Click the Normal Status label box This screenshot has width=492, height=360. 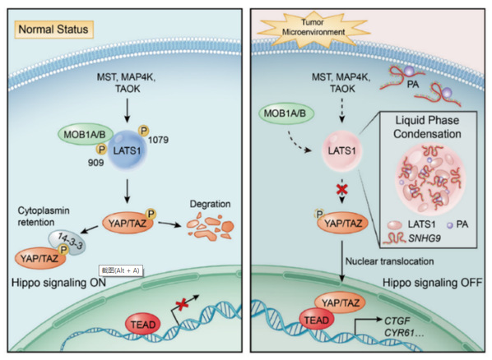click(53, 30)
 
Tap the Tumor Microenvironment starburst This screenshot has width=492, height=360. click(313, 28)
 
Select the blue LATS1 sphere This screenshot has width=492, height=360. click(127, 150)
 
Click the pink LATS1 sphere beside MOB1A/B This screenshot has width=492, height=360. click(342, 151)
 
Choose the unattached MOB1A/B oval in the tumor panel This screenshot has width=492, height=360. click(285, 113)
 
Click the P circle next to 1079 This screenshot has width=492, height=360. click(144, 131)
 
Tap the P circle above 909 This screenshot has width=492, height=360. click(101, 150)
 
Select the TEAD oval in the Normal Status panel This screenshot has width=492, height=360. click(143, 324)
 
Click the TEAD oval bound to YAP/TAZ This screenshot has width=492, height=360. click(316, 320)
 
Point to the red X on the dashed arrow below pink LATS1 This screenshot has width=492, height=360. click(342, 189)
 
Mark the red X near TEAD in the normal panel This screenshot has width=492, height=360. click(182, 304)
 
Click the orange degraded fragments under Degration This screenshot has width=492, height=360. click(211, 226)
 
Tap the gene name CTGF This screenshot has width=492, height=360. click(397, 321)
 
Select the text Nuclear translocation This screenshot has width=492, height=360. click(389, 261)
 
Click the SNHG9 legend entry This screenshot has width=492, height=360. click(412, 238)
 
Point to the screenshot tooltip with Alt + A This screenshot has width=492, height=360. click(121, 270)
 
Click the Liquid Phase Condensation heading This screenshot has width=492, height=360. click(427, 127)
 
